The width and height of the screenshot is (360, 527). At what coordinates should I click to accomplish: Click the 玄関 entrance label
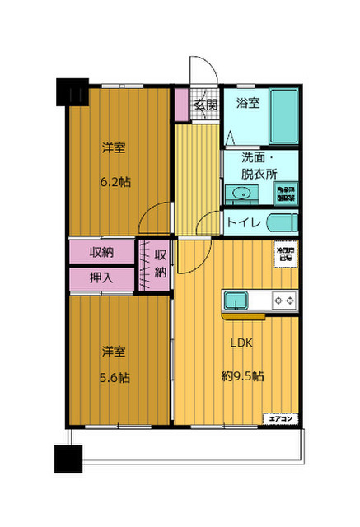[x=206, y=105]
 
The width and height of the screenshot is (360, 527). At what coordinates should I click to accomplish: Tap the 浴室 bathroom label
[x=250, y=104]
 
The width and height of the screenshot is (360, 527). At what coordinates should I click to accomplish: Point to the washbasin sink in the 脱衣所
[x=241, y=193]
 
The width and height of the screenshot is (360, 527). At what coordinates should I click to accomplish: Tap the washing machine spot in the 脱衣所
[x=284, y=193]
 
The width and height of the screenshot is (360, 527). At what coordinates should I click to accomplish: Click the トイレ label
[x=244, y=223]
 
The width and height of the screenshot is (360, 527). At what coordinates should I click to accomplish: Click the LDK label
[x=241, y=344]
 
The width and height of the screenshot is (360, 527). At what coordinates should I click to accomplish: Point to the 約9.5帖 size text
[x=243, y=376]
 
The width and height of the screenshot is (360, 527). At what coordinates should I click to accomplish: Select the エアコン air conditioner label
[x=280, y=419]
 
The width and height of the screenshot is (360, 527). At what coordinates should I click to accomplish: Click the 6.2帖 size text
[x=115, y=181]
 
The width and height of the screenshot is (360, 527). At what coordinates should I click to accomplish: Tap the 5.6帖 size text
[x=115, y=378]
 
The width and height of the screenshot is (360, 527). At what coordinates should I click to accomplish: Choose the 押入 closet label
[x=102, y=279]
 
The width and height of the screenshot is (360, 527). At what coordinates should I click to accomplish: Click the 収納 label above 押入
[x=102, y=251]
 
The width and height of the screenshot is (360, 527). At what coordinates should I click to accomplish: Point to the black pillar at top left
[x=72, y=92]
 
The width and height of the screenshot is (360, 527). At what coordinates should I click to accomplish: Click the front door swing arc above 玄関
[x=202, y=70]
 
